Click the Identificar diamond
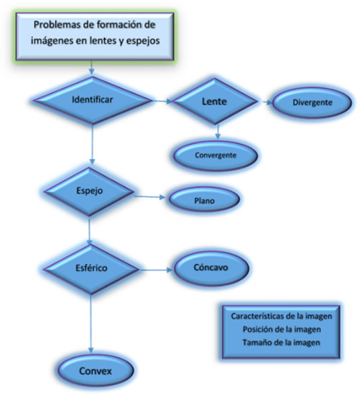point(92,100)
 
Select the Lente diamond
point(214,101)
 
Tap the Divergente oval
point(312,102)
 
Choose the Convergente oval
point(216,156)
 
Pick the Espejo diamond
point(89,191)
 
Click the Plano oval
point(204,199)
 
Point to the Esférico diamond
point(91,269)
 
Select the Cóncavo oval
point(212,268)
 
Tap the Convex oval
point(96,371)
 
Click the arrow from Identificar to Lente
point(162,101)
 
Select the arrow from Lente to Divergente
point(268,102)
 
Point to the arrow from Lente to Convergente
point(218,132)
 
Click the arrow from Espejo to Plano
point(150,197)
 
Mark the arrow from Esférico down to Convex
point(91,323)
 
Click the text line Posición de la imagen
point(282,329)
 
